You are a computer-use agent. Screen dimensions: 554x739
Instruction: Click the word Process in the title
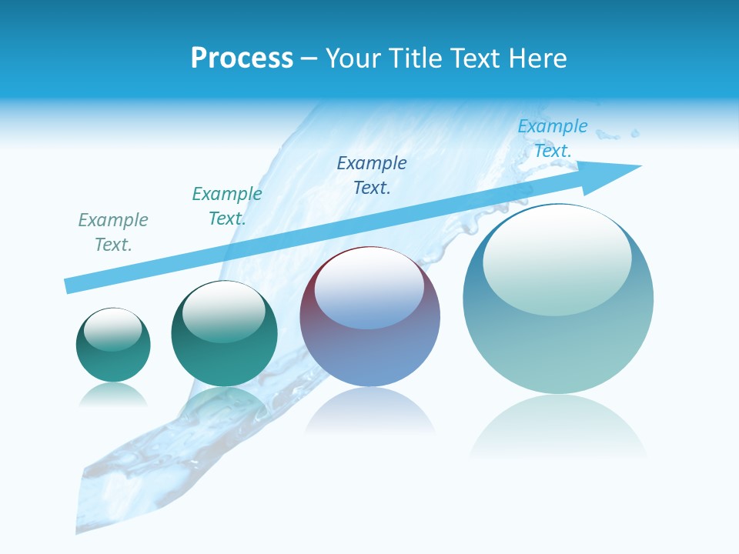tap(242, 58)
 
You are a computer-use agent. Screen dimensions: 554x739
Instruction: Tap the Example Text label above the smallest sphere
tap(113, 232)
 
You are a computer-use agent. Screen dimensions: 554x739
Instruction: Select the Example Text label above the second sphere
tap(227, 206)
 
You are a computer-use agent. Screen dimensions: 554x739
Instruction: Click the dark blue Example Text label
tap(372, 175)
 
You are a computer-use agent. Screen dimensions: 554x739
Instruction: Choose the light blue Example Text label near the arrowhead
tap(553, 138)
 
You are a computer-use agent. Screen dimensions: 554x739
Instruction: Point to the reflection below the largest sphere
tap(558, 427)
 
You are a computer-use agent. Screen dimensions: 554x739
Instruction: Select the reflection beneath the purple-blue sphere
tap(369, 412)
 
